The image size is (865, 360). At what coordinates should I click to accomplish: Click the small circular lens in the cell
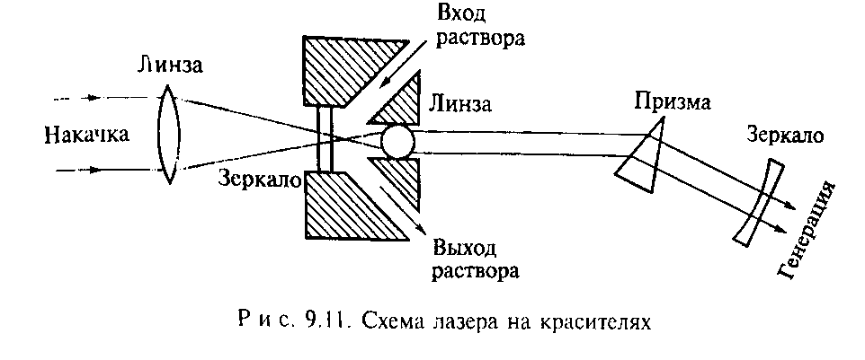(397, 140)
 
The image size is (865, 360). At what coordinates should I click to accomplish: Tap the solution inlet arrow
(397, 72)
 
